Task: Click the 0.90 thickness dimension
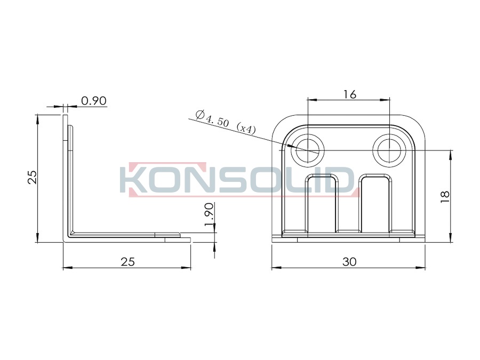coord(94,101)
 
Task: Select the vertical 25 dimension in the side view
coord(33,177)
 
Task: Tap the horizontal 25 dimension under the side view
coord(127,262)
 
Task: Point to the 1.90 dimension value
coord(209,214)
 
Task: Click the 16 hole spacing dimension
coord(349,94)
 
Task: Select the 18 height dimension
coord(445,196)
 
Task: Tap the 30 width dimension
coord(349,262)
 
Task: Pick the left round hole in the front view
coord(307,150)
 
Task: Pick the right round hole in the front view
coord(389,150)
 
